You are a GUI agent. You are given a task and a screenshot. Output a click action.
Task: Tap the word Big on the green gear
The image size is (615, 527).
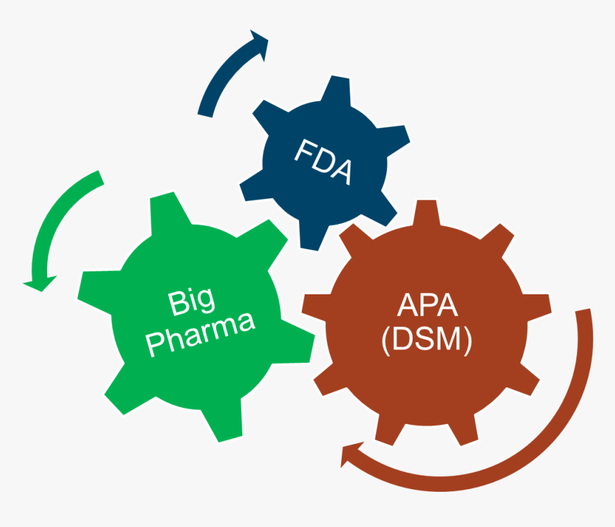192,301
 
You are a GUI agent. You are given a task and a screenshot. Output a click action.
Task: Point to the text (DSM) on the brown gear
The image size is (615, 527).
427,341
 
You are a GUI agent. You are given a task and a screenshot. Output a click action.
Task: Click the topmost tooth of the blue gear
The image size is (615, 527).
334,90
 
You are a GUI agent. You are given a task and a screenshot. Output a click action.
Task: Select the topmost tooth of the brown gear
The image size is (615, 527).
427,213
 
